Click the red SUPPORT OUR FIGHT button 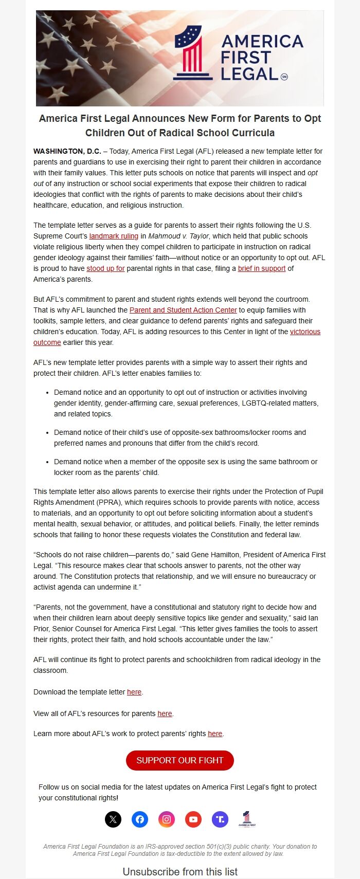pos(179,760)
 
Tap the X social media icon pos(113,819)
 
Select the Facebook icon pos(140,819)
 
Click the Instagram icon pos(167,819)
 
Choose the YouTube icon pos(193,819)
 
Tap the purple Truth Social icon pos(220,819)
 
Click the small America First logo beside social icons pos(247,819)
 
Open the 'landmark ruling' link pos(114,236)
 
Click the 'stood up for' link pos(105,268)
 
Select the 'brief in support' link pos(261,268)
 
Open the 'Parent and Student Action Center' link pos(183,310)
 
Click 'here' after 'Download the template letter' pos(134,692)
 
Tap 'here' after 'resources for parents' pos(165,713)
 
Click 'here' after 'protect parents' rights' pos(215,734)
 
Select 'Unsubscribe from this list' pos(180,872)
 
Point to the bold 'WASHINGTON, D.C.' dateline pos(67,151)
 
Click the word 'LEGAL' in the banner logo pos(249,74)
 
